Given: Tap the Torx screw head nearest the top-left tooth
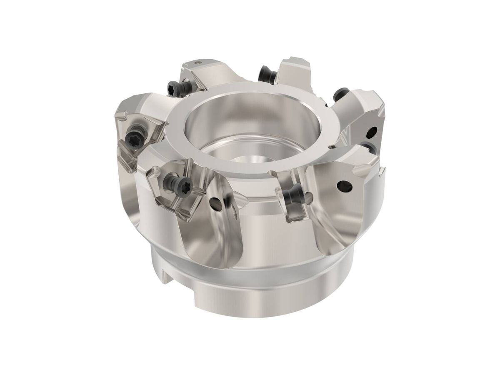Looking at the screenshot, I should coord(172,88).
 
